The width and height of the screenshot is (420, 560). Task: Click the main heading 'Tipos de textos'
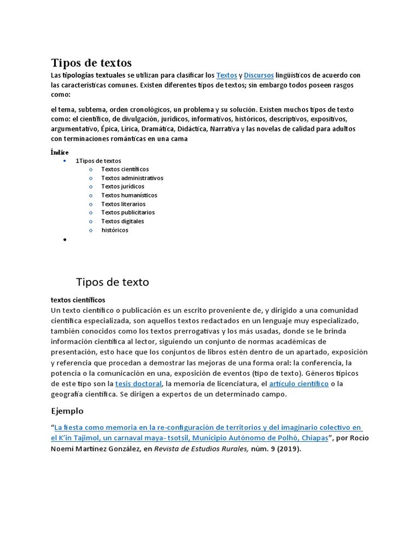pos(91,62)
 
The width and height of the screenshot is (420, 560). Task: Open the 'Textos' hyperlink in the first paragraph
pos(226,75)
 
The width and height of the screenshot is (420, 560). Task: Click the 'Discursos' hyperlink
pos(259,75)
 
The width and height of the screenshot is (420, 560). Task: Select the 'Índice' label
pos(60,152)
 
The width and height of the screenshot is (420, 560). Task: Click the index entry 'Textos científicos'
pos(125,170)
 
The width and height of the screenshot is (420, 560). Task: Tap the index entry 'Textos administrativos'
pos(132,178)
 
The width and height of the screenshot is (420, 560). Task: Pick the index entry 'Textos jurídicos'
pos(122,186)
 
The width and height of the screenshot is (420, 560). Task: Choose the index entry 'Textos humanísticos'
pos(129,195)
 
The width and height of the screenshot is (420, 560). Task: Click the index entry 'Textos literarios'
pos(123,204)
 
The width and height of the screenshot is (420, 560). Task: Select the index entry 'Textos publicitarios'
pos(128,212)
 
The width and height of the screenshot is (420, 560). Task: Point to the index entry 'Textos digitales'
pos(122,221)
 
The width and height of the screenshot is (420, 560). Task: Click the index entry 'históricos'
pos(115,230)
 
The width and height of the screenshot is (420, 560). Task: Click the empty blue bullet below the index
pos(65,240)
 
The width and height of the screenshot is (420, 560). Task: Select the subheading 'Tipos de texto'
pos(112,282)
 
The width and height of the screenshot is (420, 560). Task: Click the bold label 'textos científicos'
pos(78,300)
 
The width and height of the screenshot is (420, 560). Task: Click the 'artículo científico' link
pos(299,384)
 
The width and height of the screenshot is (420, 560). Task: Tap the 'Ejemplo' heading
pos(67,411)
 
